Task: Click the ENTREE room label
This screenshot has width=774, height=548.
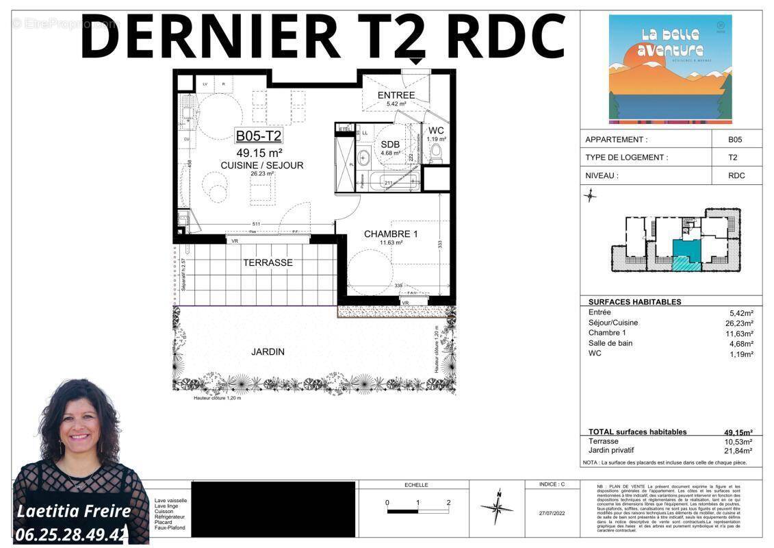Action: pos(396,95)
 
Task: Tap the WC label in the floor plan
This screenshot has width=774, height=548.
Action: pos(436,131)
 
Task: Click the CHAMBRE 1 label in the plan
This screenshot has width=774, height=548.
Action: pos(391,234)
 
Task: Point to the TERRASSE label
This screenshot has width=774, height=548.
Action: pos(268,262)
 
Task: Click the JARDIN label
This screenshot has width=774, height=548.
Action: pos(268,351)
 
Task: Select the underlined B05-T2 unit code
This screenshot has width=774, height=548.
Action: pos(259,136)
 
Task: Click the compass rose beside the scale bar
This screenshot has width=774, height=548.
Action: pos(498,508)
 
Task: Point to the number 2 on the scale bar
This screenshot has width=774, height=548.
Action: pos(448,503)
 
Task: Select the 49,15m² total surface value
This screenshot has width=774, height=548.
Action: pos(738,432)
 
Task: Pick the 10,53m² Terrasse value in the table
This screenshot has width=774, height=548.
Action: pos(739,442)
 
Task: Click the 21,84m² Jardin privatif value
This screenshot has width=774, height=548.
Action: pos(739,451)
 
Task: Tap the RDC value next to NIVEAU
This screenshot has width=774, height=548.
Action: pos(736,175)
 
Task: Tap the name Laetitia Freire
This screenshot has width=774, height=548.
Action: pos(73,511)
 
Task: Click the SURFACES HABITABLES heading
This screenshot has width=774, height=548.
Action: pos(634,301)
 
